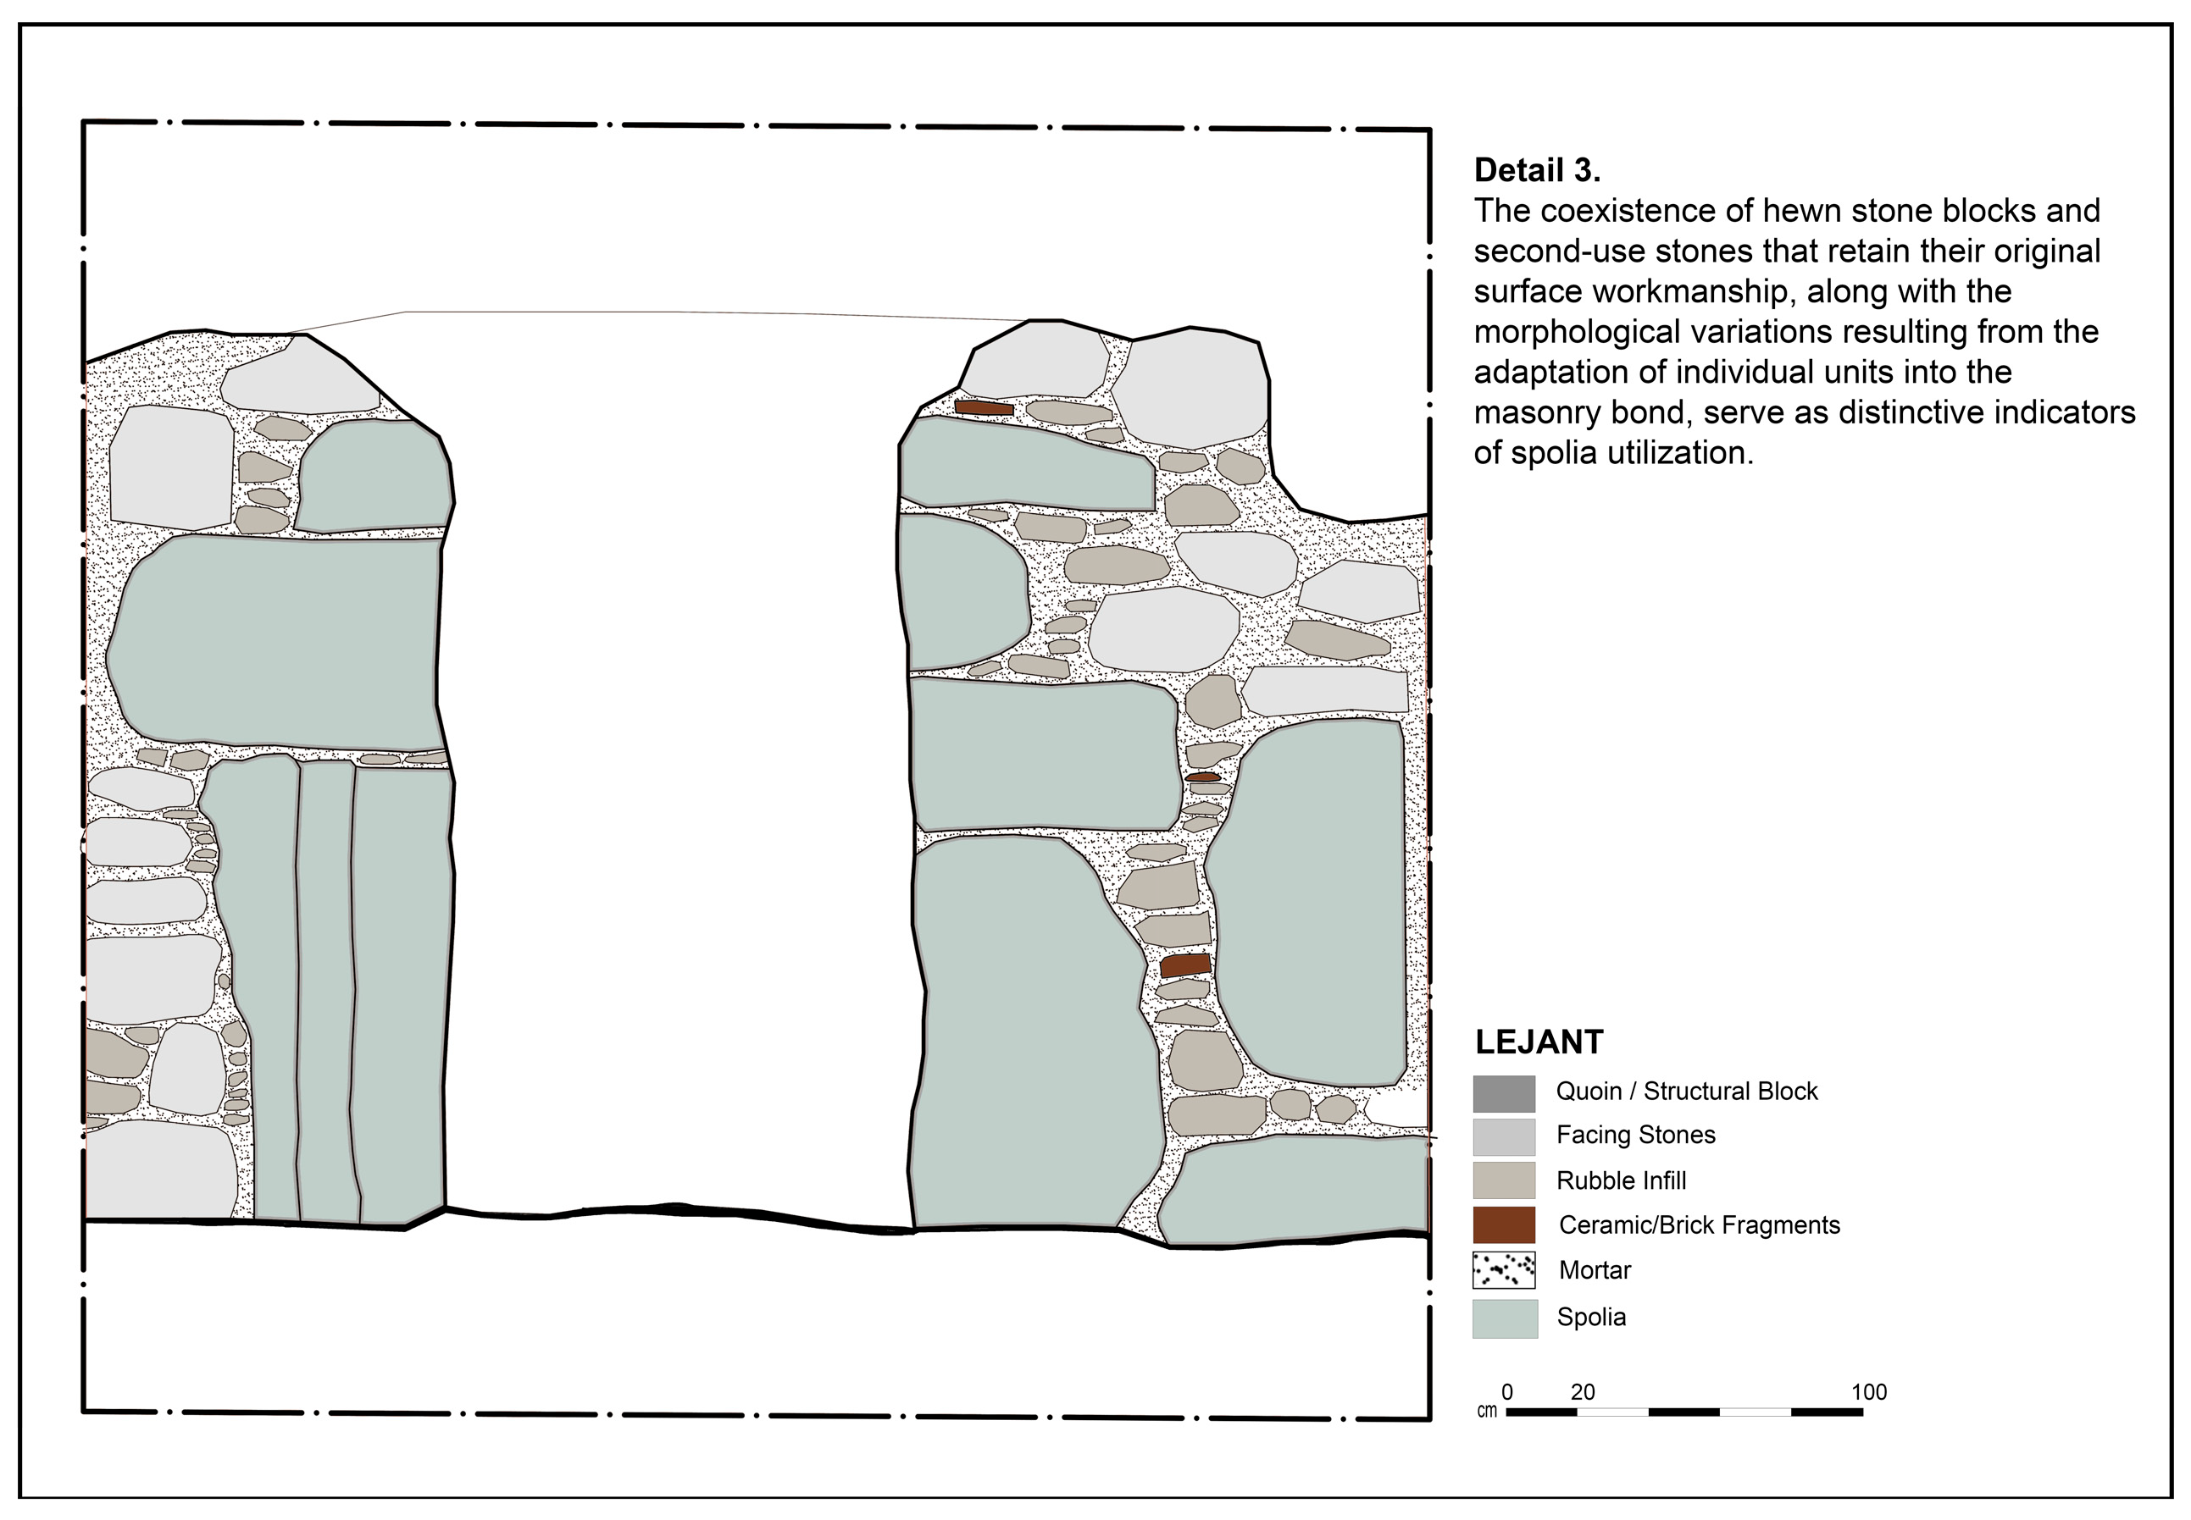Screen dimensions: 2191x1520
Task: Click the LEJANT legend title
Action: (1539, 1042)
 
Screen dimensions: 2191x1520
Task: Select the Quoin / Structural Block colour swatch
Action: (1503, 1093)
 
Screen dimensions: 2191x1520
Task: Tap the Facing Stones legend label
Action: (1634, 1135)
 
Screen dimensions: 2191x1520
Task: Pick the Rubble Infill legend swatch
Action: (1503, 1180)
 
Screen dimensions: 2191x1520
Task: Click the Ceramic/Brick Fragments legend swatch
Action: (1503, 1224)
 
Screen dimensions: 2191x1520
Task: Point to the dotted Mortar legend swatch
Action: (1503, 1269)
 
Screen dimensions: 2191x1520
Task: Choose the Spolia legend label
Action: (1591, 1317)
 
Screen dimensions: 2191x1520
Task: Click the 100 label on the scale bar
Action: (1868, 1391)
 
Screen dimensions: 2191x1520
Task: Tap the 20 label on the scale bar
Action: (1583, 1391)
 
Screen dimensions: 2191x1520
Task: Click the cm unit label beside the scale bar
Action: (1486, 1411)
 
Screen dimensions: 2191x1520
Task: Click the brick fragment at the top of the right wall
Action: (984, 407)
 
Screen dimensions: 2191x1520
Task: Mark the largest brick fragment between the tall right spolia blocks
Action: (1185, 965)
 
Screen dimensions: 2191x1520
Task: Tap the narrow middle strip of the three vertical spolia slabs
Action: (326, 991)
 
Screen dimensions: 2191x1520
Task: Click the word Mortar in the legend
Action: (1595, 1269)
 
